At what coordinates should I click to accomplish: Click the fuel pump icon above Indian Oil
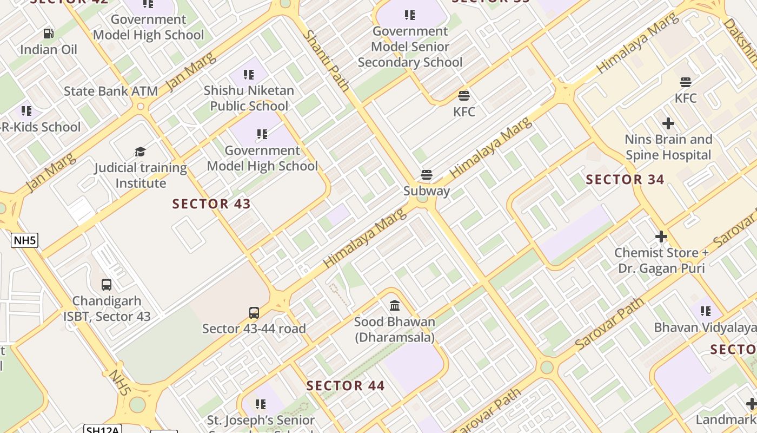48,34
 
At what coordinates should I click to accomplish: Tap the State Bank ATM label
111,91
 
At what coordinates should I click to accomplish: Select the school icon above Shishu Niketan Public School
249,74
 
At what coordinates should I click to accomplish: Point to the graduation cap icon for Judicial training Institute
141,152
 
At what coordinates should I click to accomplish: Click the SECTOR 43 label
211,204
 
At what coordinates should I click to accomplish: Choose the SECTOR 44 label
346,386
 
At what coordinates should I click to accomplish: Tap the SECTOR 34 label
625,180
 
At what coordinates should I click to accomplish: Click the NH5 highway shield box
25,240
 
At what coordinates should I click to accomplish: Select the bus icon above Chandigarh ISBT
107,285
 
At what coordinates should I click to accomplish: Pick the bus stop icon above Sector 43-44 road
254,312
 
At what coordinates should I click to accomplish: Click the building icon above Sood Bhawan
395,306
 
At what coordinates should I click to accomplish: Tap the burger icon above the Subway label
427,175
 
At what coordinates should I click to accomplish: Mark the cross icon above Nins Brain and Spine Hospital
668,123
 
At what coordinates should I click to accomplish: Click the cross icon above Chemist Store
661,237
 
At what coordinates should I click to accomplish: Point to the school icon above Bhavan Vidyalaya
705,311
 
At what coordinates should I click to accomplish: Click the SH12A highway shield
103,429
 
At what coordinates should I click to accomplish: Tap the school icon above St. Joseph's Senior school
261,404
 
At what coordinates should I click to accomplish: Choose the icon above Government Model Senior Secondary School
410,15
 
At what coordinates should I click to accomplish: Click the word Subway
427,191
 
